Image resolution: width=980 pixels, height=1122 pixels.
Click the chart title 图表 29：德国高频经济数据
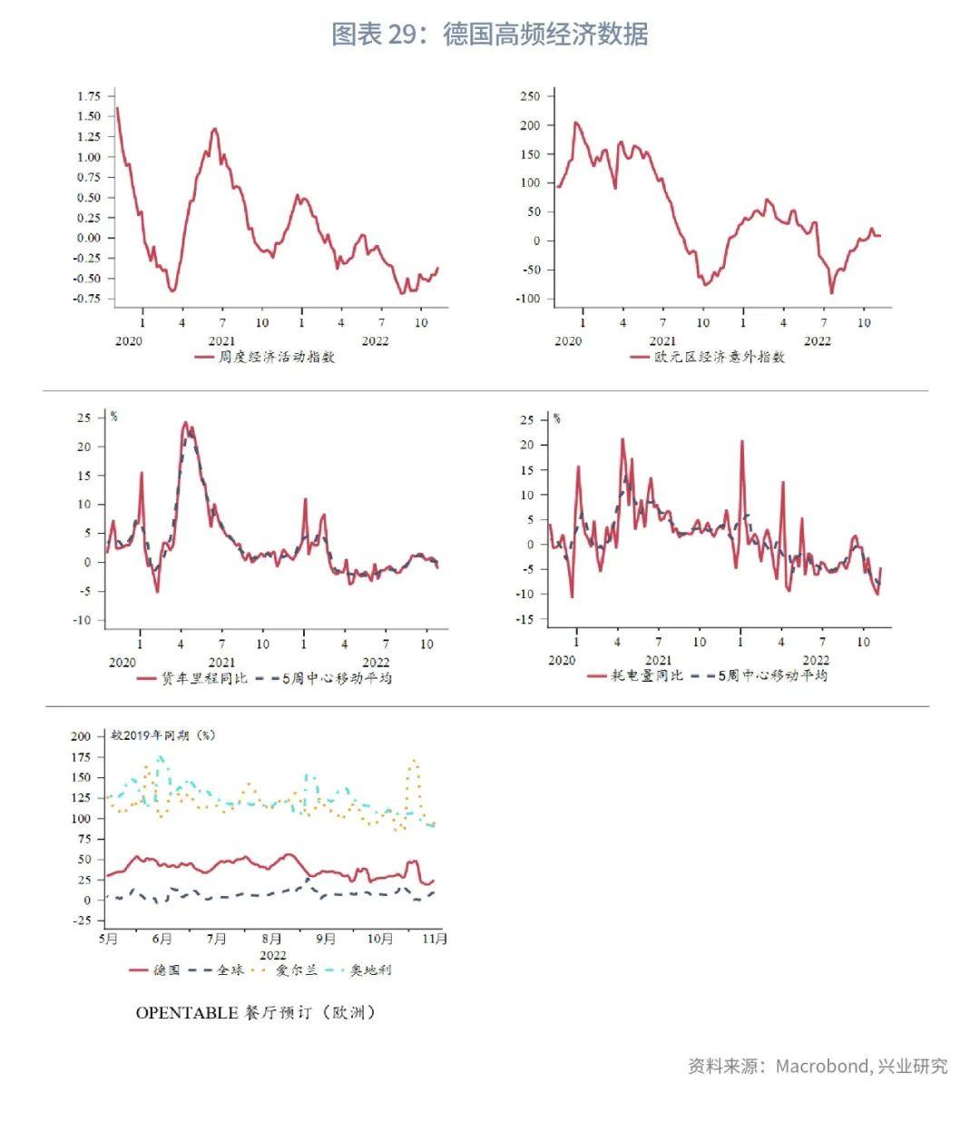(x=490, y=34)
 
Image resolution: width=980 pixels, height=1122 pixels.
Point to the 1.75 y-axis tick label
(x=89, y=96)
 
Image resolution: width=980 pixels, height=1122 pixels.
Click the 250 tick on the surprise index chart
(x=530, y=96)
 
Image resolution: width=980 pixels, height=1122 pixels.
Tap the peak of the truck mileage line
(x=185, y=422)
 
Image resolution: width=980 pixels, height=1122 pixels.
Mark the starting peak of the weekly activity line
(x=117, y=108)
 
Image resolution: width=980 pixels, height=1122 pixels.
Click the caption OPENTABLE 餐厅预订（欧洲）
(x=255, y=1012)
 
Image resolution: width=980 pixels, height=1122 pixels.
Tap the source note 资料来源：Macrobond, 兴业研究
(x=817, y=1066)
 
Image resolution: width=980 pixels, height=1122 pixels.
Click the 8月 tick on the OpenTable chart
(x=271, y=939)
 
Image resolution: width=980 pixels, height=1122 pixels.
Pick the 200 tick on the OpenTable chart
(x=81, y=736)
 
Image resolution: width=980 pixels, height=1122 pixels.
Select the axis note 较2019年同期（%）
(x=163, y=734)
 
